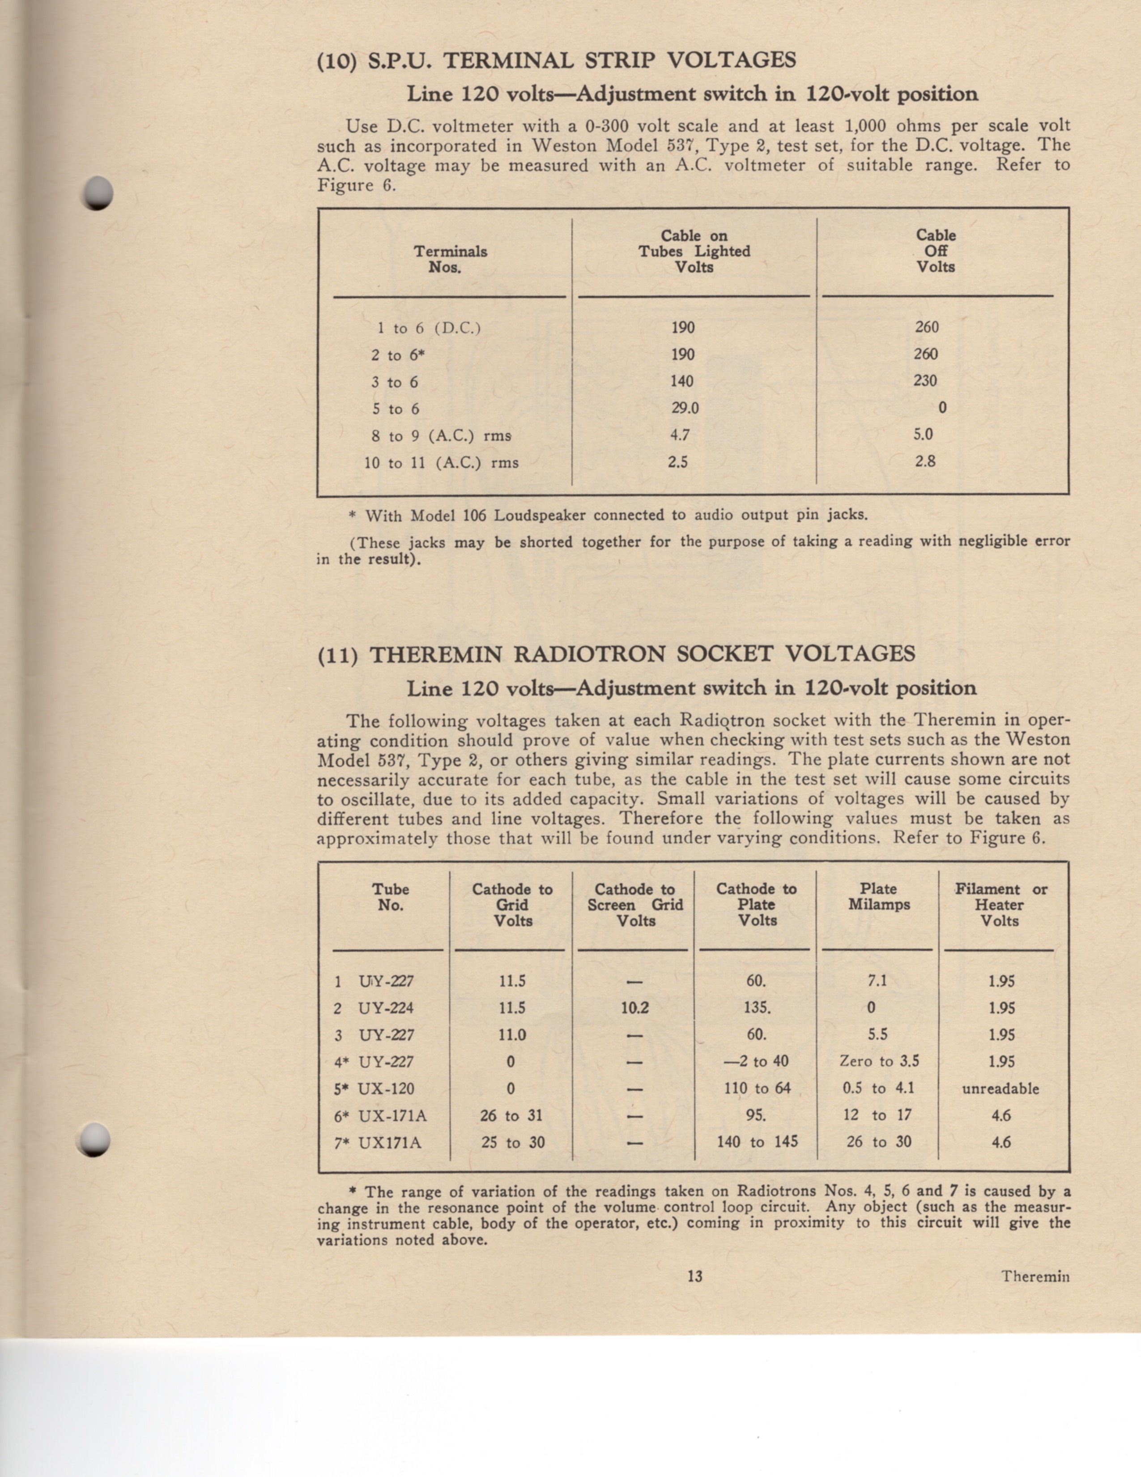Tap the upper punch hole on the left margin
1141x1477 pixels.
point(98,193)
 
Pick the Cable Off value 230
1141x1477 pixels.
point(925,381)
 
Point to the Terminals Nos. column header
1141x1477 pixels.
point(450,259)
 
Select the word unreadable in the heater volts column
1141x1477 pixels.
point(1001,1089)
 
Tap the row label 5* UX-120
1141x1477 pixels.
point(374,1089)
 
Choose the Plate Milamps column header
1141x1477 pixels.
point(879,897)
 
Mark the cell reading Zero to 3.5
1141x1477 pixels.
point(879,1062)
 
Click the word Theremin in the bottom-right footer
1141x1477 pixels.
point(1035,1277)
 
